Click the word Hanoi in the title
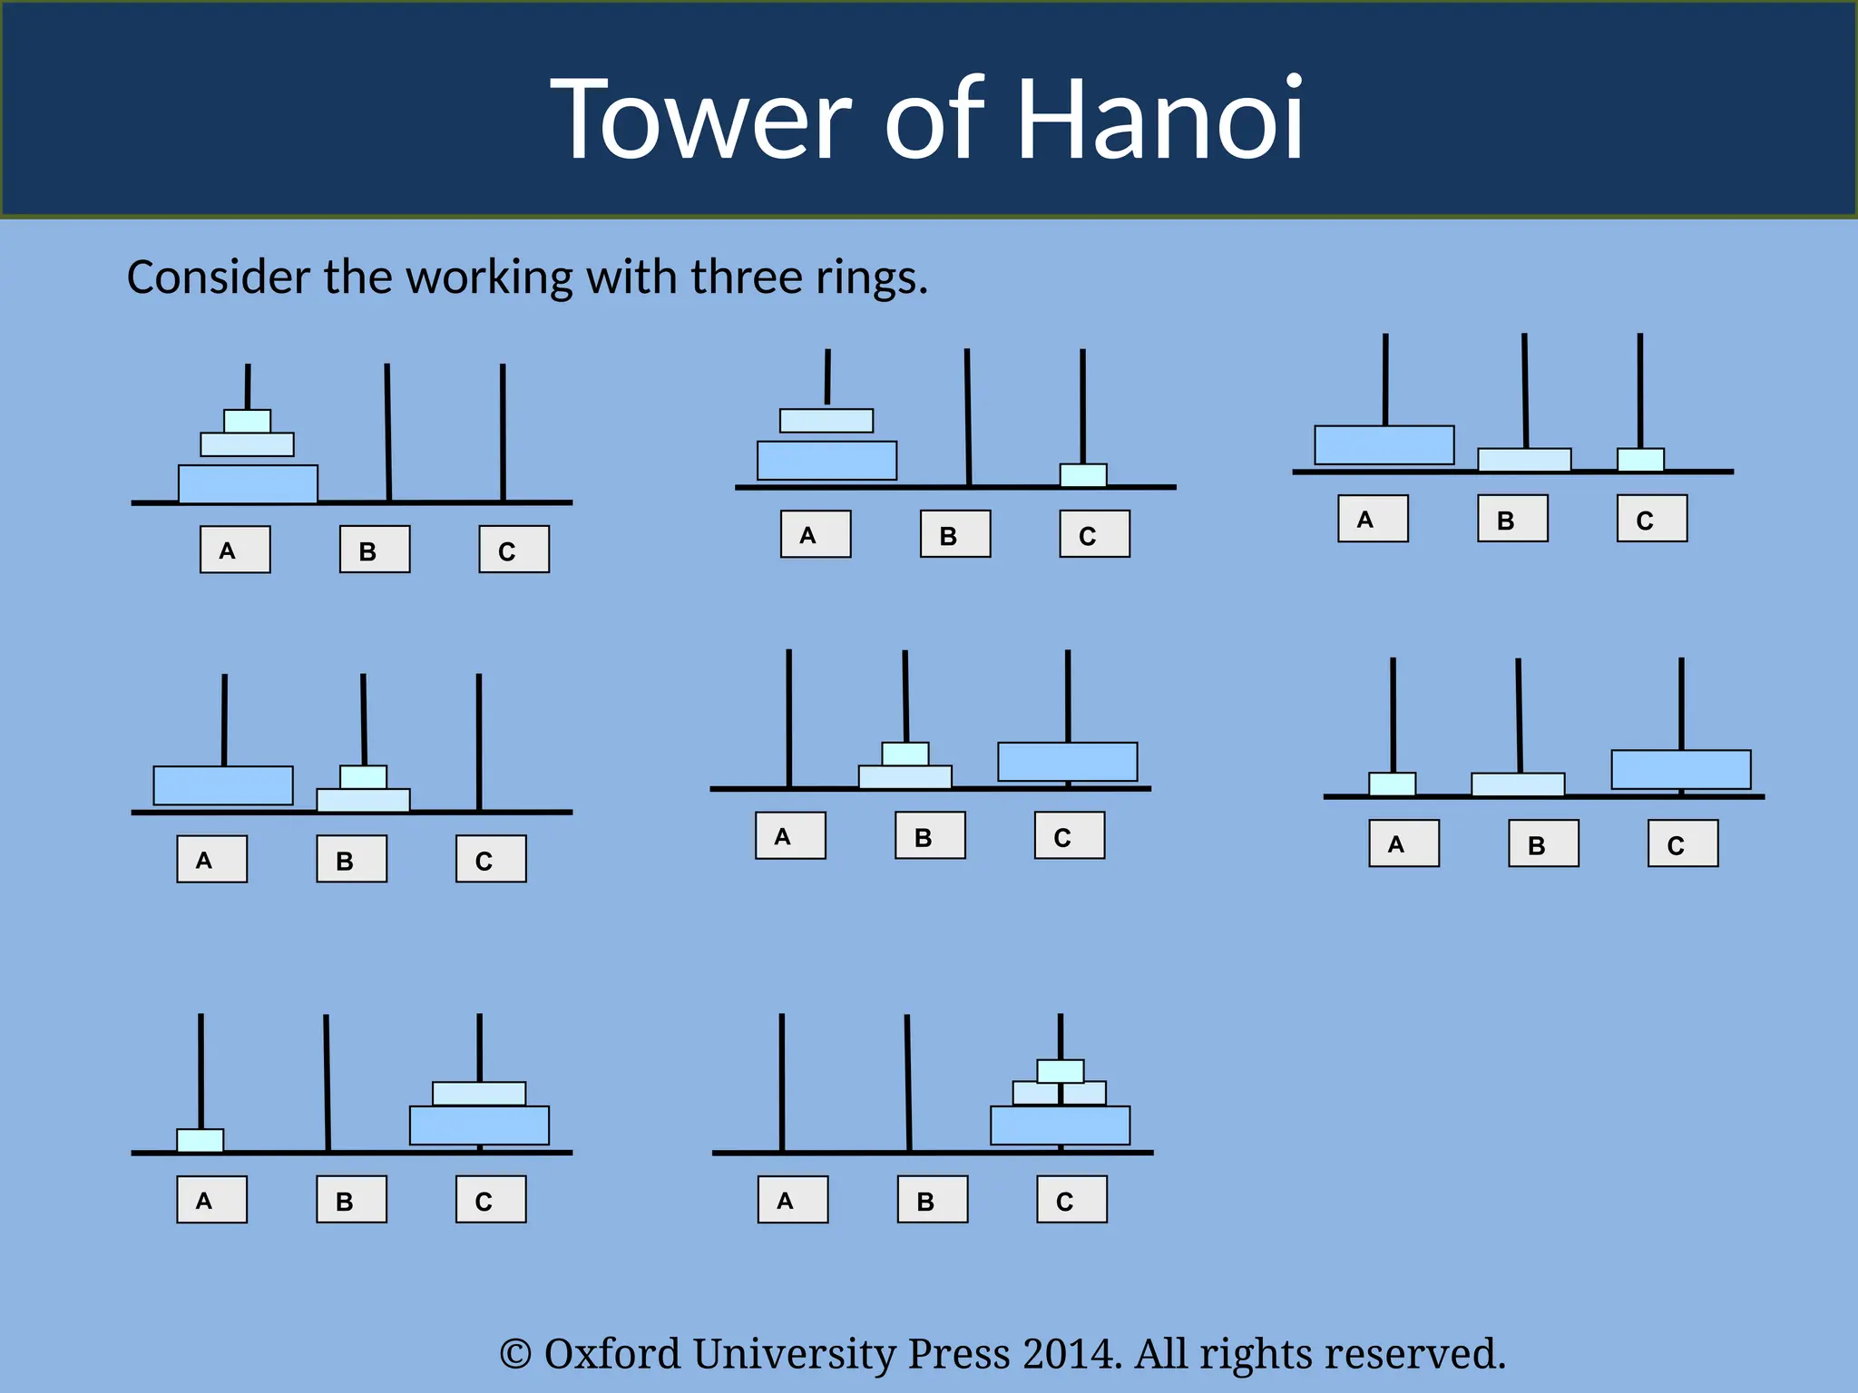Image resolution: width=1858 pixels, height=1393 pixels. [1159, 120]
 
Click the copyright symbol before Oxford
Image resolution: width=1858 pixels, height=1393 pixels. [515, 1355]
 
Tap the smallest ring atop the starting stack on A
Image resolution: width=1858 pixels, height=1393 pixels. [247, 422]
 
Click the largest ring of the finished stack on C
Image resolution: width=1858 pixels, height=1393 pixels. [1060, 1125]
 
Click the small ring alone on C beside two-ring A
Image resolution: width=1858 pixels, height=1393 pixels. [1083, 475]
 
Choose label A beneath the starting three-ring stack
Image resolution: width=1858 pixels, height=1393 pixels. [235, 550]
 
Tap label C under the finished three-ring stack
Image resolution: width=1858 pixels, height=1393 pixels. [1071, 1200]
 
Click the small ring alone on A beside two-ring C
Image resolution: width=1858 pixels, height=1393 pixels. [200, 1141]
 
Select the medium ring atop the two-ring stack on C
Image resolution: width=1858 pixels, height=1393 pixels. [479, 1094]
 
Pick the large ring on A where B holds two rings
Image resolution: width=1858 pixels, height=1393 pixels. [223, 785]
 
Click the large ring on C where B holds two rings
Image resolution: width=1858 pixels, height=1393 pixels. [1067, 762]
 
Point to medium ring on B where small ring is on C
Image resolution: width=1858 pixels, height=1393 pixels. [1524, 460]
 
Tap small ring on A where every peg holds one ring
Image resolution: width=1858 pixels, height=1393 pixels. [1392, 784]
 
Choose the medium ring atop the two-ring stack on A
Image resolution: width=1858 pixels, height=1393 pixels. [826, 421]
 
